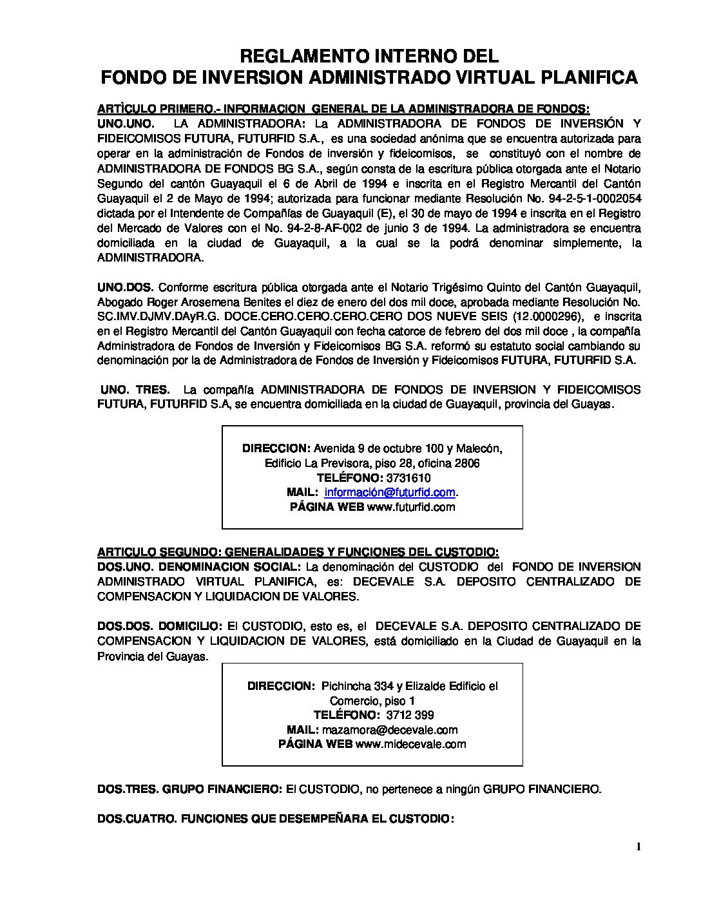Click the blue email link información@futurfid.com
point(390,492)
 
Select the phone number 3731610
point(408,477)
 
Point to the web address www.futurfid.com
point(410,507)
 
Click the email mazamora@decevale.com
point(390,730)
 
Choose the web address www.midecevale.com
point(410,744)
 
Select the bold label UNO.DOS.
point(124,287)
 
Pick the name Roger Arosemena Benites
point(194,301)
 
